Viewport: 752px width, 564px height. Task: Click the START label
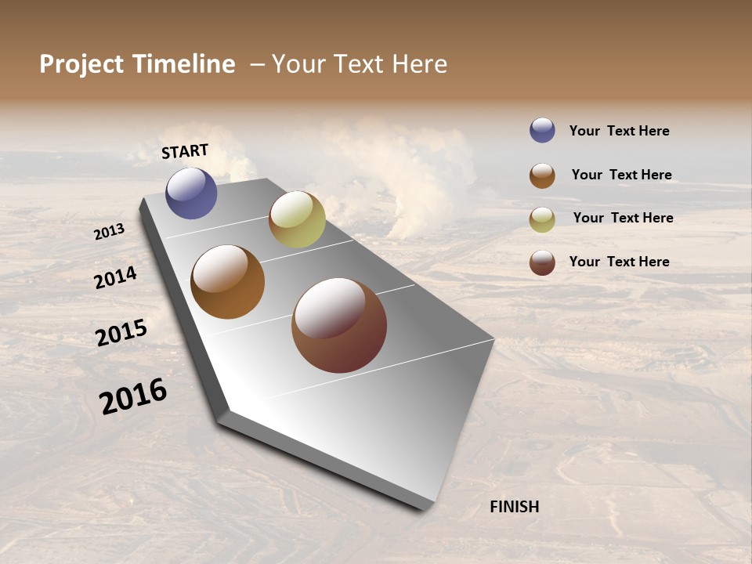[x=185, y=151]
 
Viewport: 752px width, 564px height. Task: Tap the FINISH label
[x=514, y=507]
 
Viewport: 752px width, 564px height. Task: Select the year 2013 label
[x=110, y=231]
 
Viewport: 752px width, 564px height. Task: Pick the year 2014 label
[x=115, y=277]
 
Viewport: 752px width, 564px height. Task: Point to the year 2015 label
[x=121, y=333]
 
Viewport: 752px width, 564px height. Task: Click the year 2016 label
[x=133, y=396]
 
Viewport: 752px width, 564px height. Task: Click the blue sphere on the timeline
[x=191, y=193]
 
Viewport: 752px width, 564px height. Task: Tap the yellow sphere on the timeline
[x=297, y=219]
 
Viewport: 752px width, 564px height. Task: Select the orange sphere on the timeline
[x=227, y=282]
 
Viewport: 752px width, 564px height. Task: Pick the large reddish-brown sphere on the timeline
[x=339, y=325]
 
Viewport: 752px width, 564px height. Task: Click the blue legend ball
[x=542, y=130]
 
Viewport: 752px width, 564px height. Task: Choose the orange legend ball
[x=542, y=175]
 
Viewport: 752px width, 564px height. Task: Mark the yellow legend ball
[x=542, y=219]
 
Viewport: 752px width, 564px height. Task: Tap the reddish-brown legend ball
[x=542, y=262]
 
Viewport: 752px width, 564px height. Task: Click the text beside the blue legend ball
[x=619, y=131]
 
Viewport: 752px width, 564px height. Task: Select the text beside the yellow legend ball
[x=623, y=218]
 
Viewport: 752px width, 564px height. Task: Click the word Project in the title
[x=81, y=64]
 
